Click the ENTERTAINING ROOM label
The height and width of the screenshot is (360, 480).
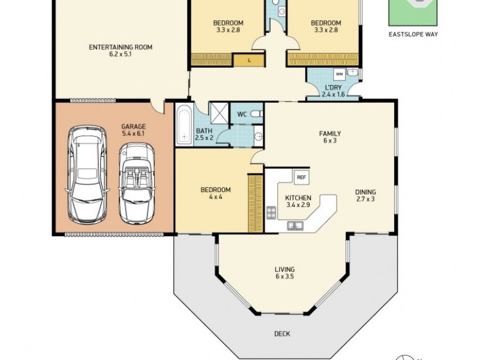click(120, 50)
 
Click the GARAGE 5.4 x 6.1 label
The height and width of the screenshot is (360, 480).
click(133, 130)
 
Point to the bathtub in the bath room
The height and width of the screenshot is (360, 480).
click(183, 125)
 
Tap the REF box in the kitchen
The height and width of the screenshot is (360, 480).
click(301, 177)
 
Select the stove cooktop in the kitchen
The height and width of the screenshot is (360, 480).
click(271, 212)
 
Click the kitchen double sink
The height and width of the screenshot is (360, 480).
click(295, 226)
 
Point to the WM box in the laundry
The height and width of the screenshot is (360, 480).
click(338, 74)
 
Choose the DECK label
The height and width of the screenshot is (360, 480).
click(281, 334)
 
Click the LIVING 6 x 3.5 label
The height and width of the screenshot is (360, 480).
click(284, 273)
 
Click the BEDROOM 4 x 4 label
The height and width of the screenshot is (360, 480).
click(215, 193)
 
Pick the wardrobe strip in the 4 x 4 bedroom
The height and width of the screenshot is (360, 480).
click(256, 203)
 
